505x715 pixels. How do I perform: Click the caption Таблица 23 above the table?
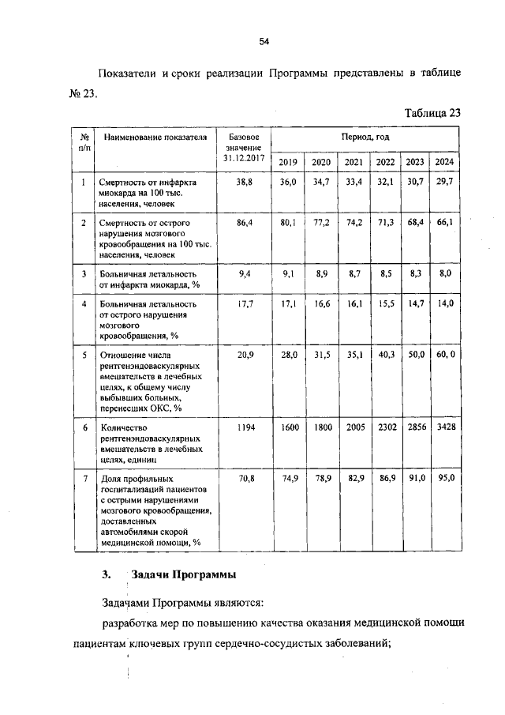[x=432, y=112]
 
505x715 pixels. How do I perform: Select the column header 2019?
[x=289, y=162]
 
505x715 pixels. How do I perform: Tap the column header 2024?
[x=445, y=162]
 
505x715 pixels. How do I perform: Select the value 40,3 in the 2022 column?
[x=385, y=355]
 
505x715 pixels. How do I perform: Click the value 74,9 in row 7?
[x=289, y=479]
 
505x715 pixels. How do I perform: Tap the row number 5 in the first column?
[x=84, y=355]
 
